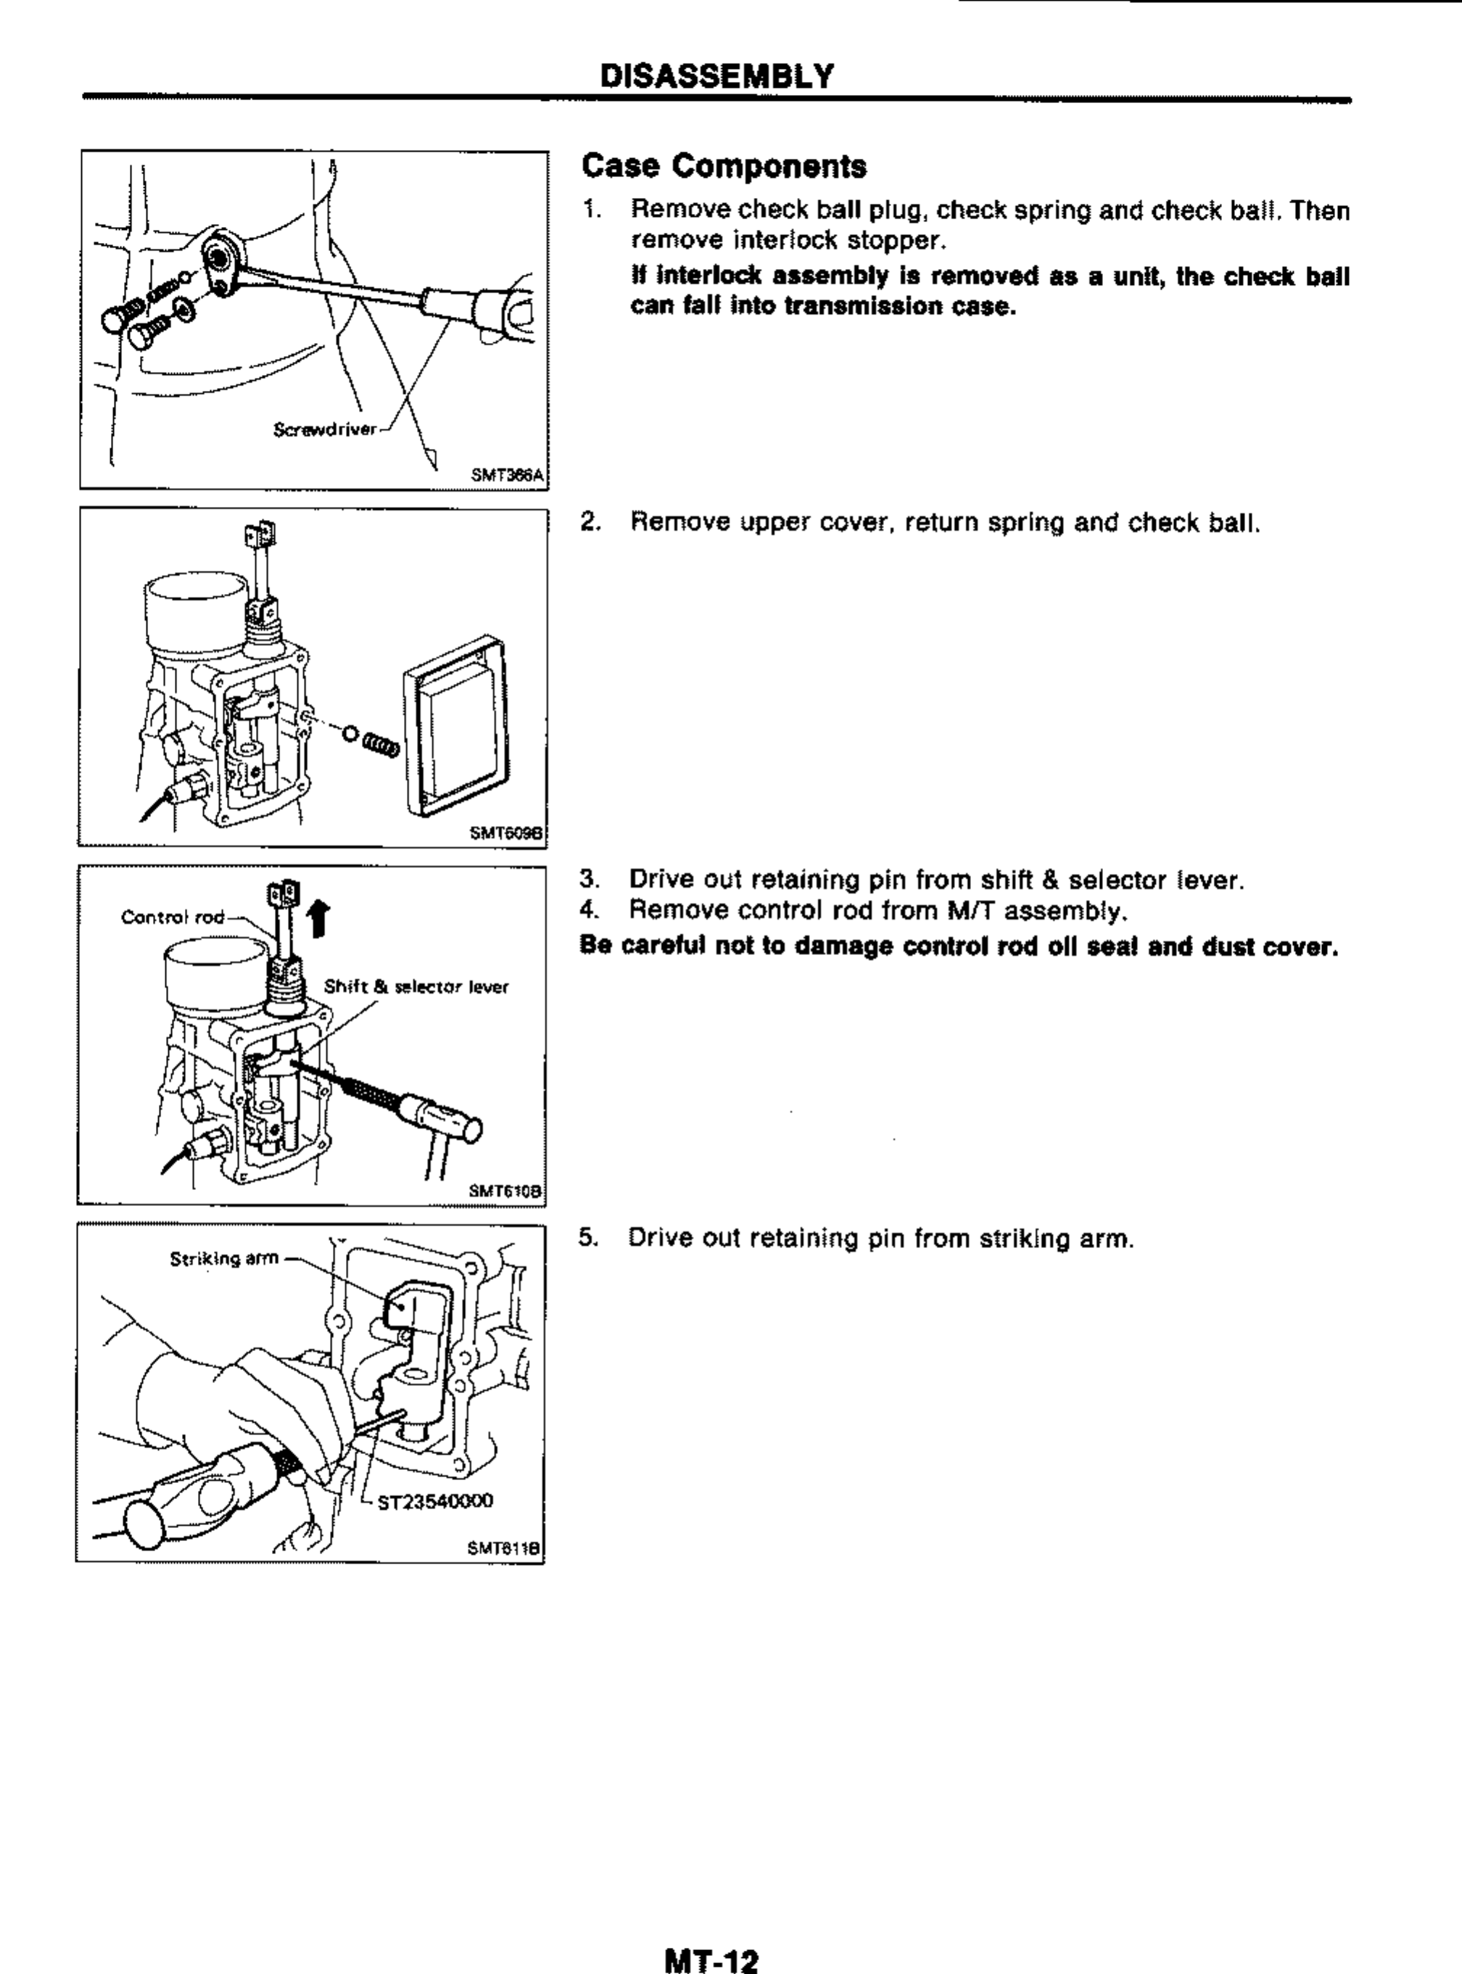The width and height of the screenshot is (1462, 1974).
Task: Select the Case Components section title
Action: pyautogui.click(x=724, y=166)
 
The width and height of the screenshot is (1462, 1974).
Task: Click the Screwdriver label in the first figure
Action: pyautogui.click(x=325, y=431)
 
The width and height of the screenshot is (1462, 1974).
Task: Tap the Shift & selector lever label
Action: pyautogui.click(x=416, y=986)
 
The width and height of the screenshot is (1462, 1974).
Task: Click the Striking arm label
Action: pyautogui.click(x=224, y=1258)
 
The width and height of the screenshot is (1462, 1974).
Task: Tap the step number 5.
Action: pyautogui.click(x=586, y=1238)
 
